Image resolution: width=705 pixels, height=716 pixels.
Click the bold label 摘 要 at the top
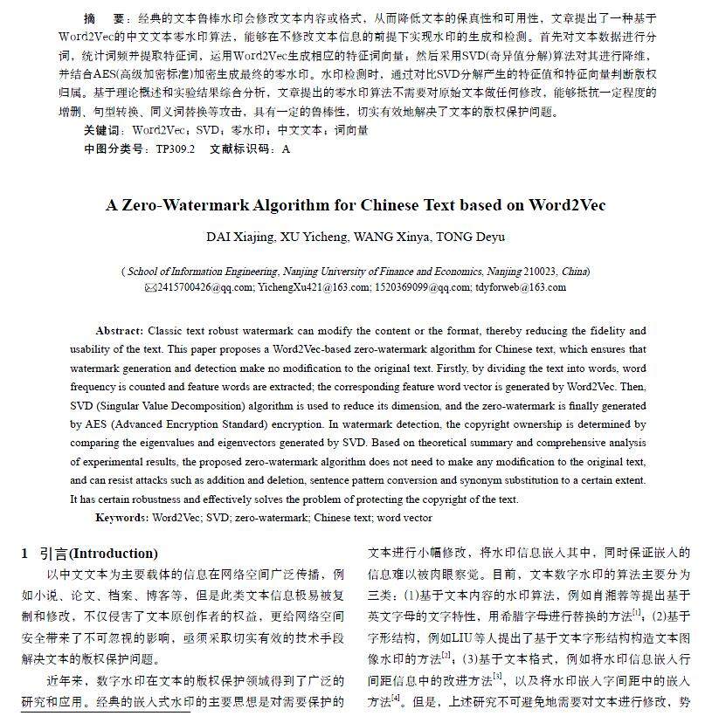coord(104,18)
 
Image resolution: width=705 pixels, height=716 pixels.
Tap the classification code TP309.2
coord(176,148)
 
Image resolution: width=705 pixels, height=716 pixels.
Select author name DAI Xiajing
coord(241,237)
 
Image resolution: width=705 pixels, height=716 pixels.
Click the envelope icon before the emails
coord(149,286)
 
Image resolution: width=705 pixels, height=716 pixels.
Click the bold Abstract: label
coord(120,332)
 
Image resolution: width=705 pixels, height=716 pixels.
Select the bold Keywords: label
coord(121,518)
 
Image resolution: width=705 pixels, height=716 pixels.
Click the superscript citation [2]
coord(446,652)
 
